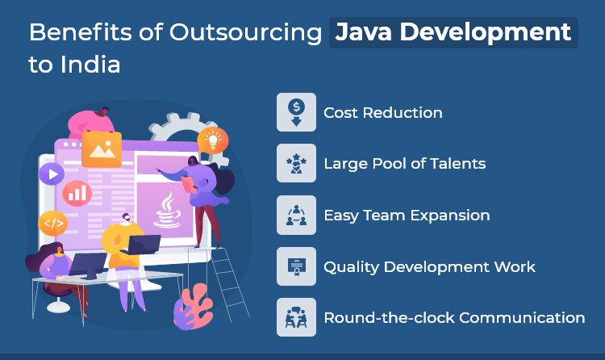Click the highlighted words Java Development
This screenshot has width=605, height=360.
click(x=453, y=32)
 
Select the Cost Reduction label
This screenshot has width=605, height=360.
click(x=382, y=112)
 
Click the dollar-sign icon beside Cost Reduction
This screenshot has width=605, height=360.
click(x=296, y=112)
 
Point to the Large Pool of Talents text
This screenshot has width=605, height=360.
click(x=404, y=164)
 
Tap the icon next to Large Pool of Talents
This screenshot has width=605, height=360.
click(x=296, y=164)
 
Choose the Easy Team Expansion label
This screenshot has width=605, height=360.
click(x=407, y=215)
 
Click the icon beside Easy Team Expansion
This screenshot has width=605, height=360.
click(x=296, y=215)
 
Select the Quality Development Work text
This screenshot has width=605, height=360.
click(x=429, y=266)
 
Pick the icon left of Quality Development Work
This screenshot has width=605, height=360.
click(x=296, y=266)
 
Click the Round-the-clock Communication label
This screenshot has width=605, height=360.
click(x=454, y=317)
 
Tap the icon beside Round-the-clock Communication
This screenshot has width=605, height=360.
click(x=296, y=317)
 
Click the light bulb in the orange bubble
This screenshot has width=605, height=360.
click(x=213, y=140)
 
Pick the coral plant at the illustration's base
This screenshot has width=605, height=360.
click(x=194, y=311)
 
